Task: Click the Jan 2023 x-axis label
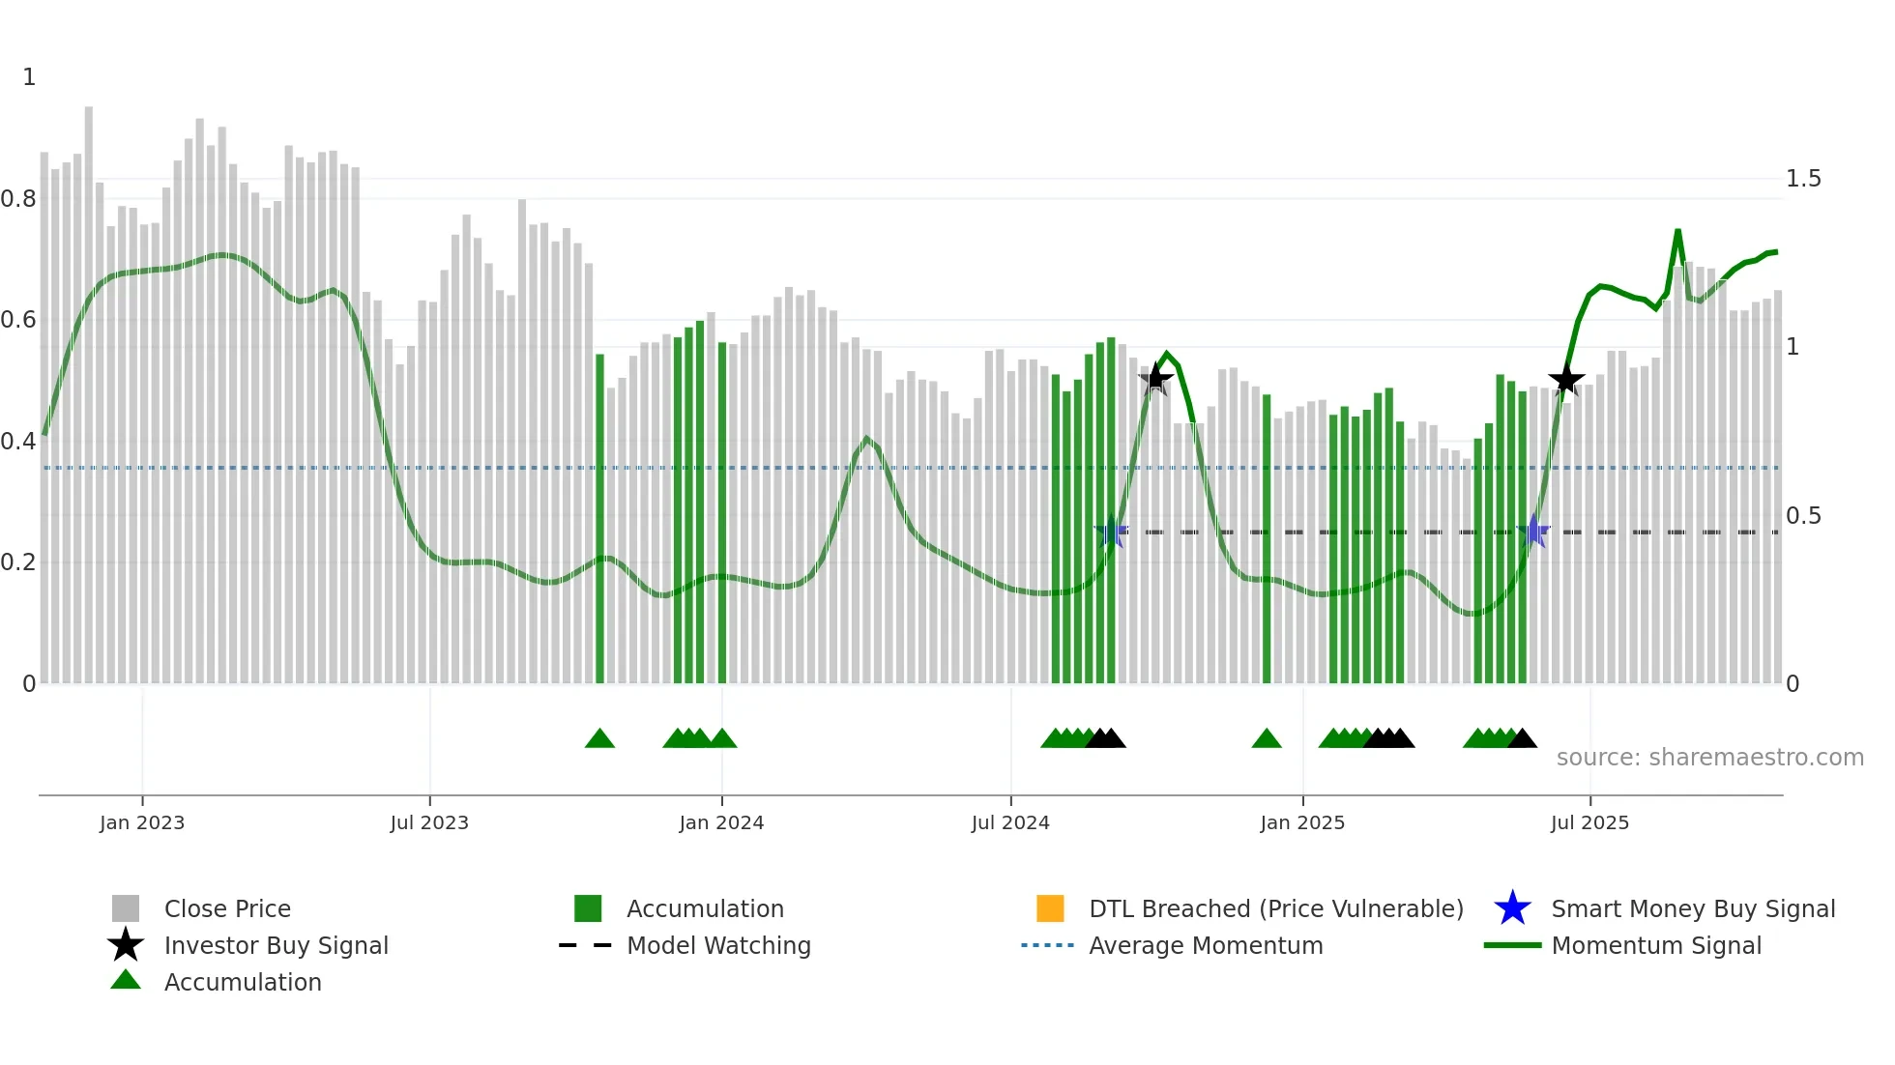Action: [141, 822]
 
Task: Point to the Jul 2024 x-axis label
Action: [1009, 822]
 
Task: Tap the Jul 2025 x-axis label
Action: [1589, 822]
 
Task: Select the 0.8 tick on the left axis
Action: [18, 199]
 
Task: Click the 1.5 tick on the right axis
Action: [1802, 179]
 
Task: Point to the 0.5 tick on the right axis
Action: [1802, 516]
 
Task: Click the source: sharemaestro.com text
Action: [1709, 757]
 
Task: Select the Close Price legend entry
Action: [226, 908]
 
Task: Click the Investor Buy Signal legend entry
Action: [276, 945]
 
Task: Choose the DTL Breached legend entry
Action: [1275, 908]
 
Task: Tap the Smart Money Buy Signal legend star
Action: [1512, 908]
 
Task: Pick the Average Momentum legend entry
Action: [1205, 945]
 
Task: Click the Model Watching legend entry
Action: [717, 945]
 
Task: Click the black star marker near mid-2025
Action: [1566, 380]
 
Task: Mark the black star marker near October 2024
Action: [1155, 379]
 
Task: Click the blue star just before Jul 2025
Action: [1533, 532]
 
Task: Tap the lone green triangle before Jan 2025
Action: [1267, 739]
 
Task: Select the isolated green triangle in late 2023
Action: [599, 739]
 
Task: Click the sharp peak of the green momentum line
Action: [1677, 232]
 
